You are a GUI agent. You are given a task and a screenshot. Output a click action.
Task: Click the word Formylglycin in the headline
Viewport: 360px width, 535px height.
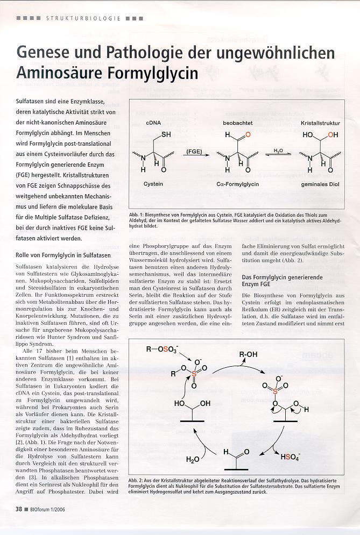162,73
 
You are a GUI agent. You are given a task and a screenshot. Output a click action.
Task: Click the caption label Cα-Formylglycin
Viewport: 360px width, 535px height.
238,184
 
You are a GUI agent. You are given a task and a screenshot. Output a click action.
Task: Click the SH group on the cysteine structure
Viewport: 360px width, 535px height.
166,134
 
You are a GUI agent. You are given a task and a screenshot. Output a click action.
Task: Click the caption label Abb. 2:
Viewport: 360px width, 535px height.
137,480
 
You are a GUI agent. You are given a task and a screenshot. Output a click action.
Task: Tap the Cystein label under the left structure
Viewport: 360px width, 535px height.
153,184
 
